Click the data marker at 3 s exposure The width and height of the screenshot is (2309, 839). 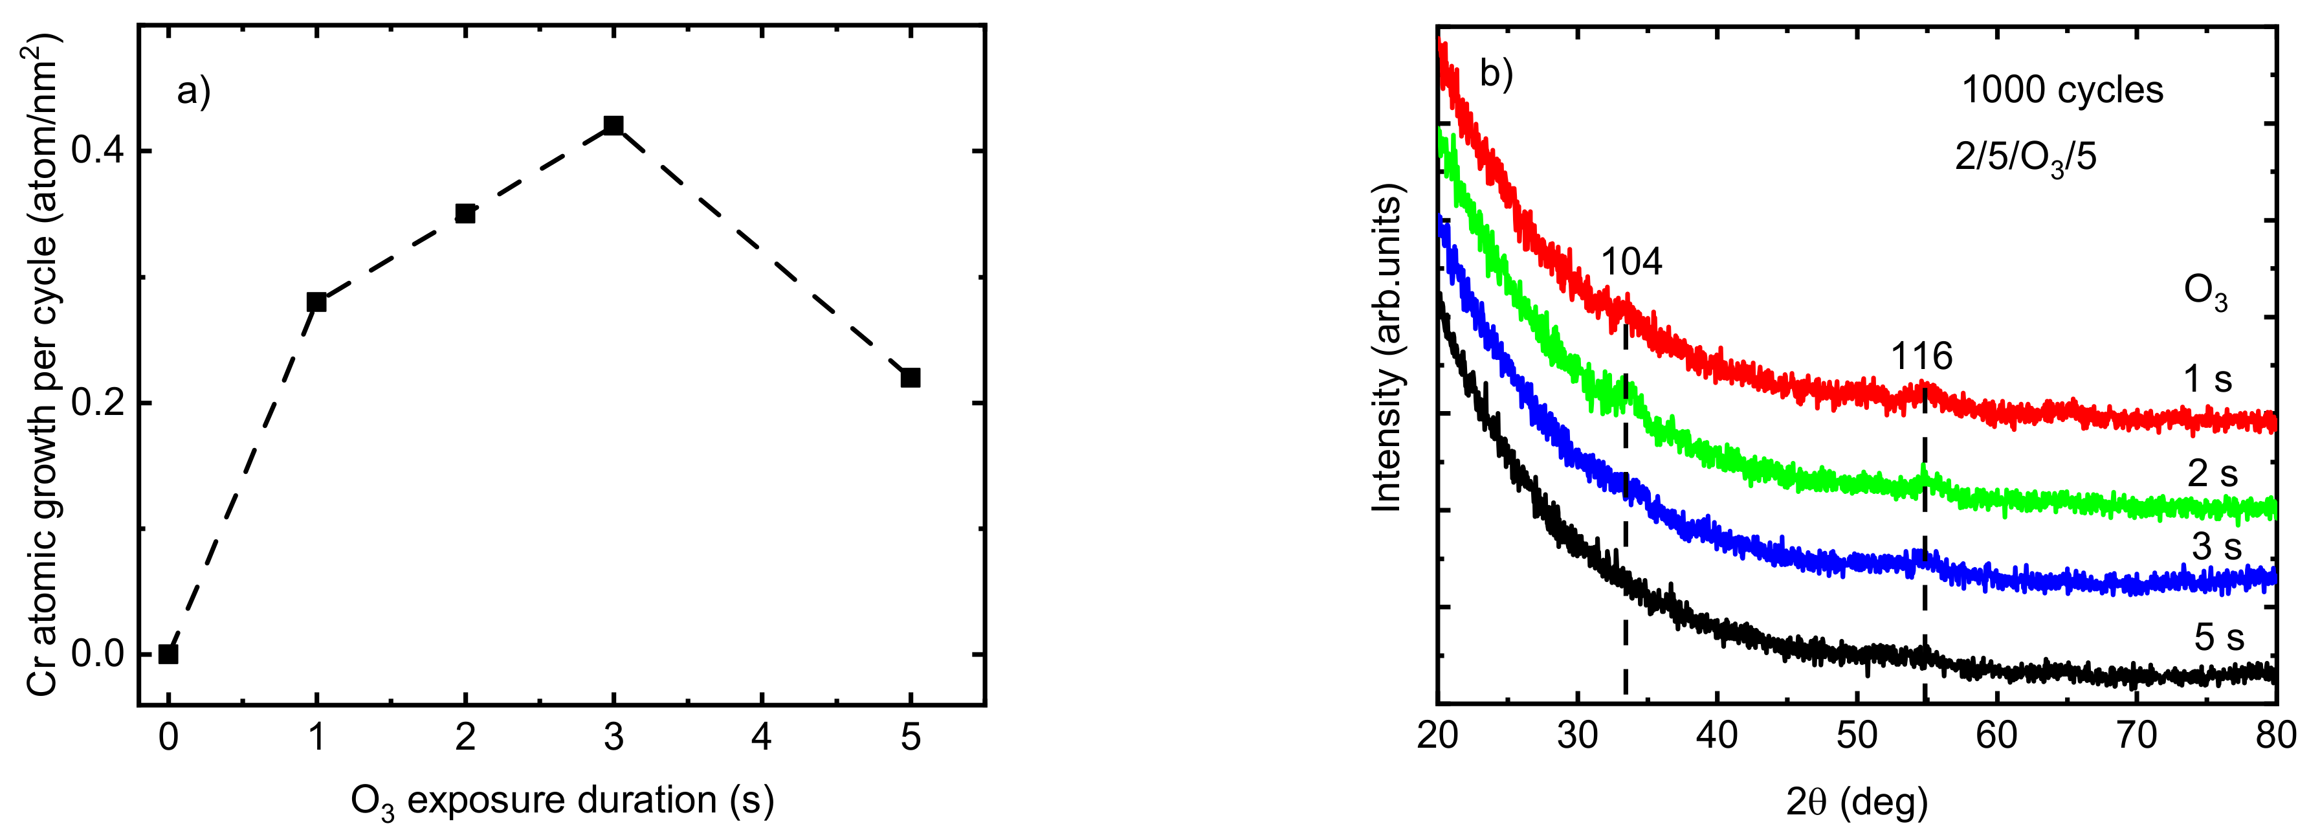(613, 126)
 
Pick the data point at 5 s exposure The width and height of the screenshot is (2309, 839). (911, 377)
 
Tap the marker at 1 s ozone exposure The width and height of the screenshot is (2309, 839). (316, 302)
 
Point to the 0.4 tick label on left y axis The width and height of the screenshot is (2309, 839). (97, 151)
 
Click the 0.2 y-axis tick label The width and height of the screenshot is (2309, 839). (97, 403)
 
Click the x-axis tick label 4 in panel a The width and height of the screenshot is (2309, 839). (762, 738)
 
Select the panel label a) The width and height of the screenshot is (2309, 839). (193, 91)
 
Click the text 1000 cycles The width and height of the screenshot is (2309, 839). (2062, 91)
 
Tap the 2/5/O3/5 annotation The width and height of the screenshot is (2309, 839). (2025, 159)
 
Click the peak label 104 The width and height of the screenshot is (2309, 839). (1631, 262)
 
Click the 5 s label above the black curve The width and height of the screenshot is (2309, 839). (2218, 637)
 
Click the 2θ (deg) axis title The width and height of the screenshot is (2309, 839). (1857, 802)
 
